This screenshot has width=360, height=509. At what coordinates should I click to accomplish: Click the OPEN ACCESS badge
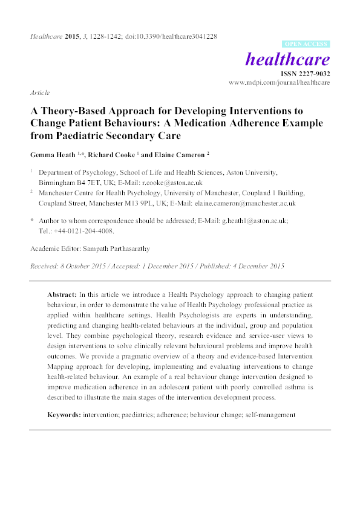(306, 44)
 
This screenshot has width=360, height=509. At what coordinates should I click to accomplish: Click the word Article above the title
(39, 94)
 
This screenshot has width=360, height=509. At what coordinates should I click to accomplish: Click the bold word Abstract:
(62, 293)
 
